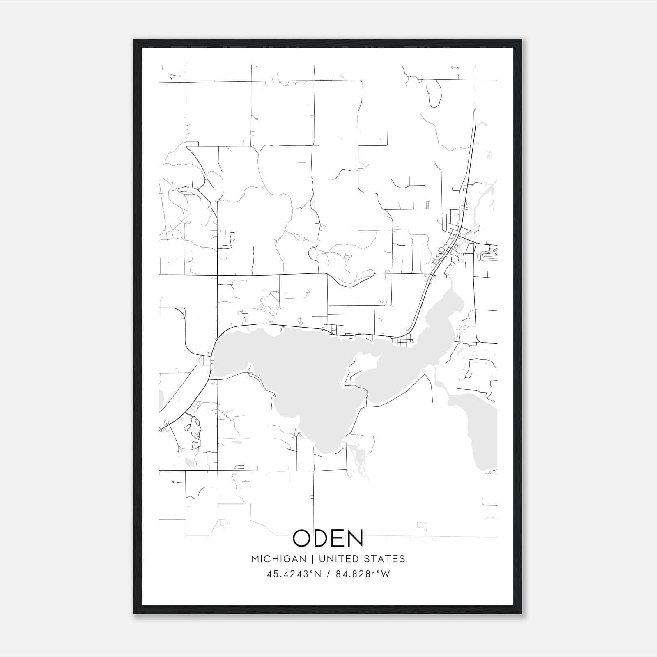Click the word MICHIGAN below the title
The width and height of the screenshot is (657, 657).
tap(278, 559)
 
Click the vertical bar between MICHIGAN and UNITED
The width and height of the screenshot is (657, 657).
tap(312, 559)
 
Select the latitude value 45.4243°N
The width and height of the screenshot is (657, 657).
tap(293, 574)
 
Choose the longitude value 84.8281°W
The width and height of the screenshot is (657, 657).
tap(363, 574)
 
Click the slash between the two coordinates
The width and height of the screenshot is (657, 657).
tap(328, 574)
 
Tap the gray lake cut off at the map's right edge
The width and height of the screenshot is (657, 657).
tap(480, 431)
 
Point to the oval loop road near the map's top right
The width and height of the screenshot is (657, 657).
tap(433, 92)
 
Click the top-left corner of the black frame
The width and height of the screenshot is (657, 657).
tap(134, 40)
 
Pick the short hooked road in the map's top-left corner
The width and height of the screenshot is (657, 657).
tap(175, 76)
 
